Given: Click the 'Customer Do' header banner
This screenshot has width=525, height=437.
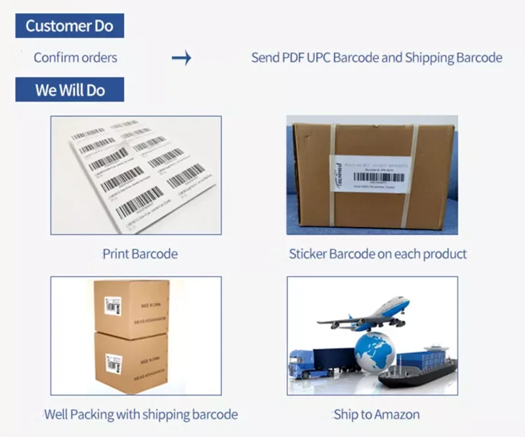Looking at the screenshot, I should coord(70,26).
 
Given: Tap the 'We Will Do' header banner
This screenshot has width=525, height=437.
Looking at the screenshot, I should coord(70,89).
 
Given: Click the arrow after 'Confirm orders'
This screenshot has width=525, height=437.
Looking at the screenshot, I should coord(181,58).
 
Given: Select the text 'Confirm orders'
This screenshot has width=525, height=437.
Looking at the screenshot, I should coord(75,58).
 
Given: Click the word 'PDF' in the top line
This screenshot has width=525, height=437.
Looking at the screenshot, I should coord(293,58).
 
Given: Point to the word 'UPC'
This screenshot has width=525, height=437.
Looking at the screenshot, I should coord(318,58).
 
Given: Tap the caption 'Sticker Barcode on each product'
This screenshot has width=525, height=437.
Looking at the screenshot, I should coord(377,253).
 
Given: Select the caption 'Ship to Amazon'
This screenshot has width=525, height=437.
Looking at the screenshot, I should coord(376,414).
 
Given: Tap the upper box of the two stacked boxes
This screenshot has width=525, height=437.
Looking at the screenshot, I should coord(131,308).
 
